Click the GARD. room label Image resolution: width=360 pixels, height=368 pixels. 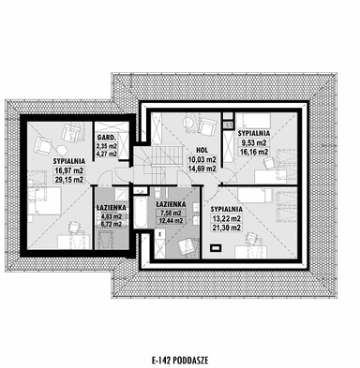107,137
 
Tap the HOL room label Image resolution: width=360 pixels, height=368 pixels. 202,150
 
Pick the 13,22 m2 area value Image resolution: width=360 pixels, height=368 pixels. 227,217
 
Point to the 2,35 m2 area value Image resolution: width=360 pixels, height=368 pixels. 107,145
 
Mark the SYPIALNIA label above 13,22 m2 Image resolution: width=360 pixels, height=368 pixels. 227,208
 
